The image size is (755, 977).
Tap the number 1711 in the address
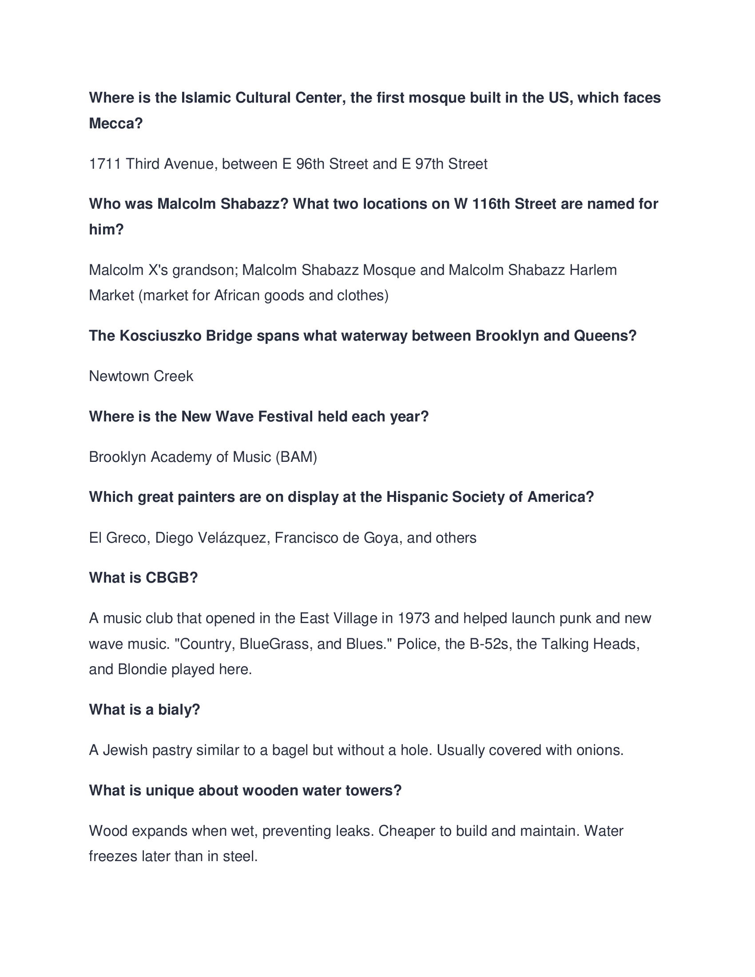105,164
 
